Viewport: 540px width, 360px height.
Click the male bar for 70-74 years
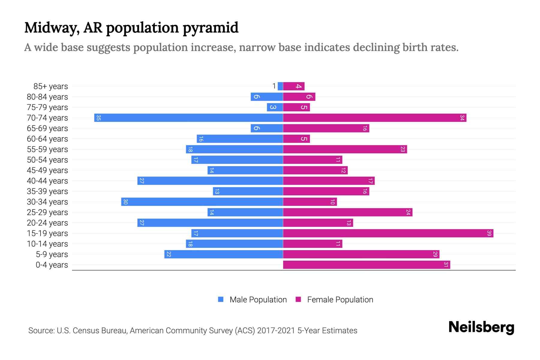click(x=188, y=118)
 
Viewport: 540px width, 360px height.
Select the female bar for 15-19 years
click(x=388, y=233)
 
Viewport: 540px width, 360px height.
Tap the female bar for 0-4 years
click(x=366, y=265)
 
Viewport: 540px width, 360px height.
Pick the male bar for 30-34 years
click(x=202, y=202)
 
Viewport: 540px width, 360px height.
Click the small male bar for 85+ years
click(x=280, y=86)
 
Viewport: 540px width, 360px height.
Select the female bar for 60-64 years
click(x=296, y=139)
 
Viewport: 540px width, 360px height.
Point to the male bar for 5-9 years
click(x=223, y=254)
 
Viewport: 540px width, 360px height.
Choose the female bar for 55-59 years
click(x=345, y=149)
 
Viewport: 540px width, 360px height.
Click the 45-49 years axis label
click(x=47, y=170)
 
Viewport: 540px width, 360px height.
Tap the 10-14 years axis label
click(x=47, y=244)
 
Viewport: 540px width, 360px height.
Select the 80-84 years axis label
click(x=47, y=97)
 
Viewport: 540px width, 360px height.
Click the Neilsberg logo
click(x=481, y=327)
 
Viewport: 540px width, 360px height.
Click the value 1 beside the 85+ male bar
click(x=274, y=86)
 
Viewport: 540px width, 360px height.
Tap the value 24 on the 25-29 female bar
click(x=408, y=212)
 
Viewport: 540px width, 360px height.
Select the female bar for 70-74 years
click(x=374, y=118)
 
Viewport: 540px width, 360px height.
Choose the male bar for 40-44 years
click(x=210, y=181)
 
